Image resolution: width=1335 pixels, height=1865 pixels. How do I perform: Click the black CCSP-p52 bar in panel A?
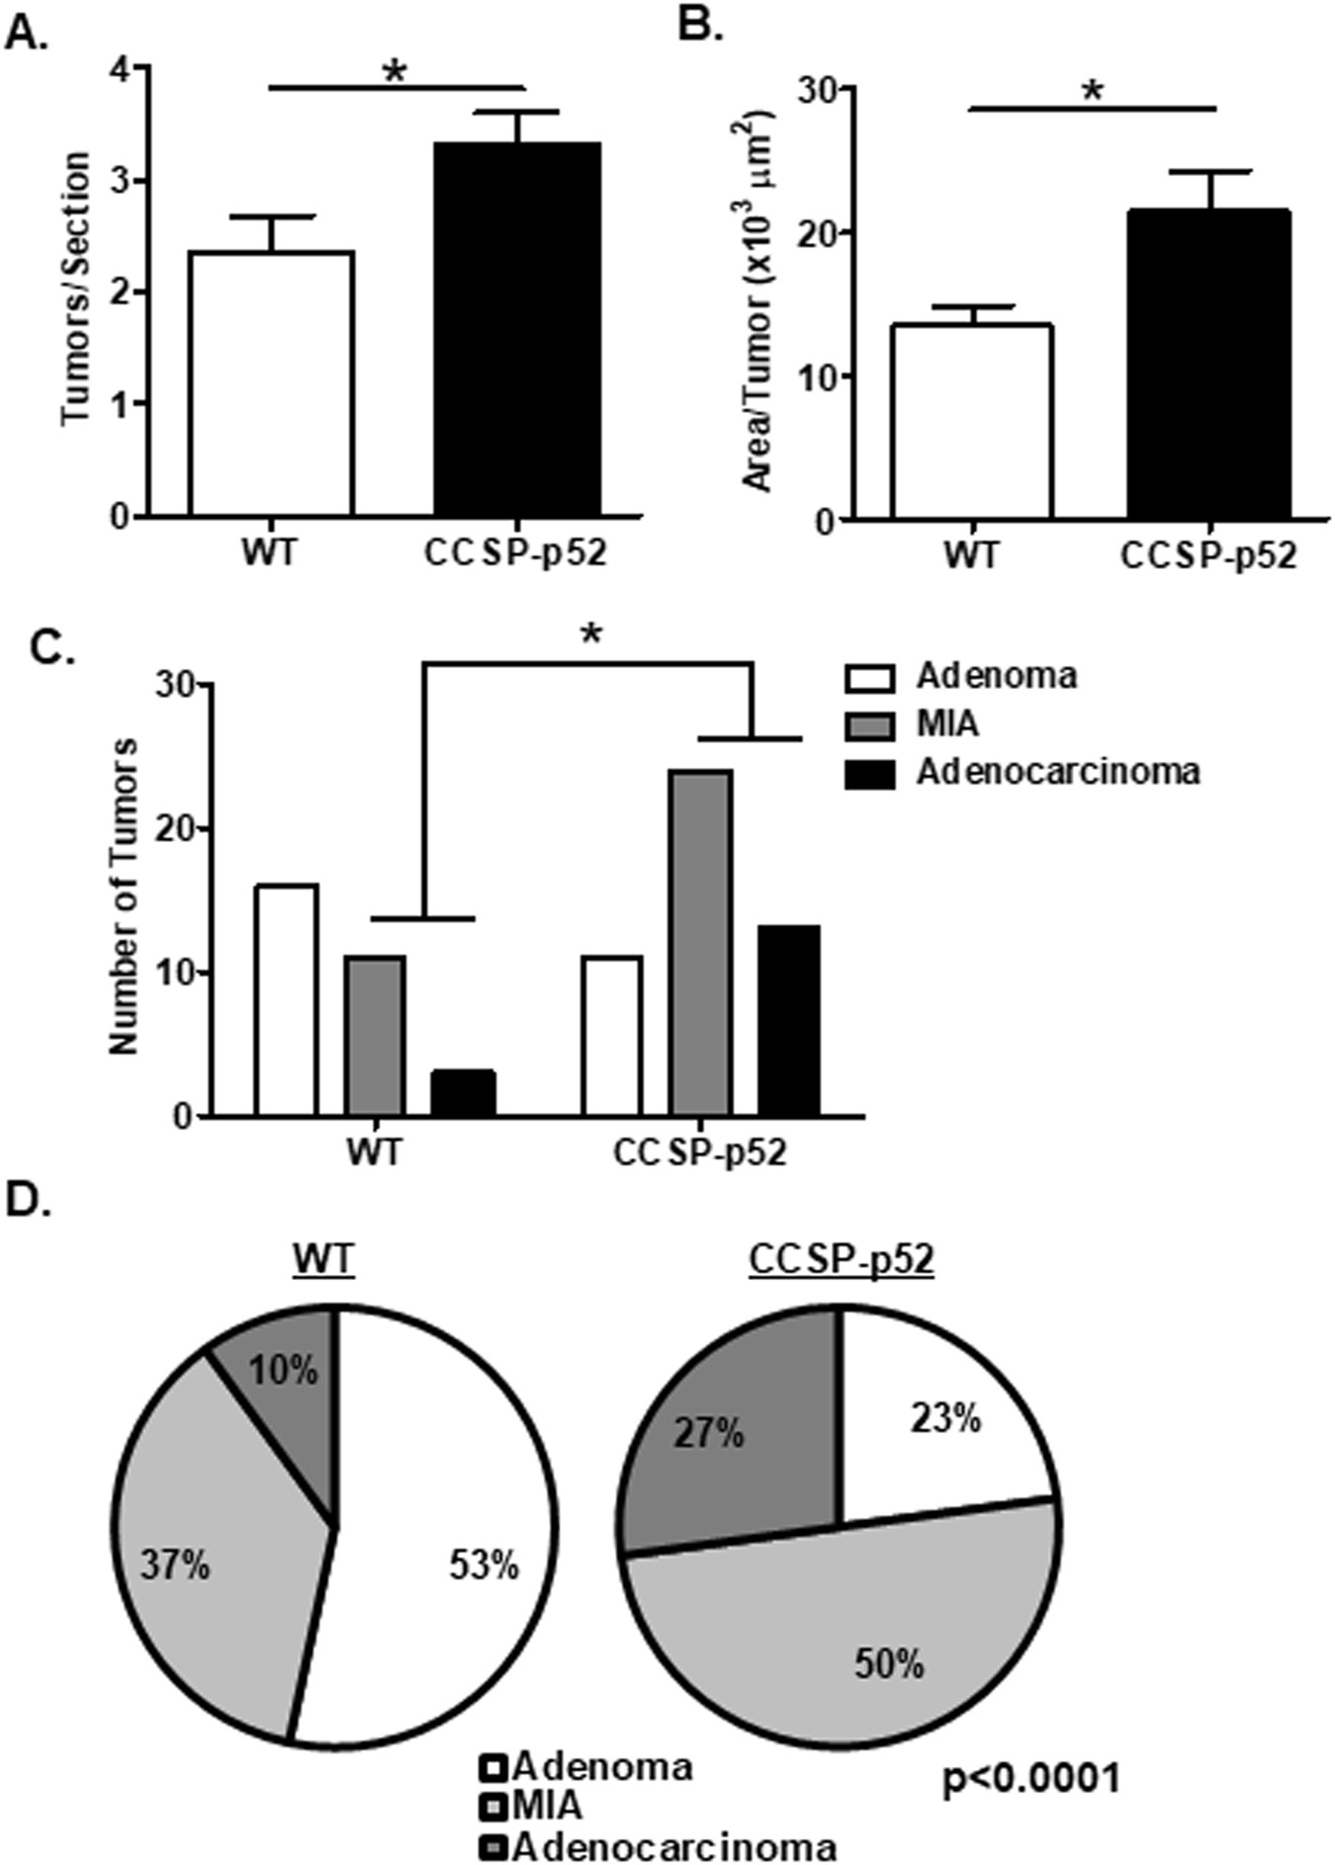coord(516,329)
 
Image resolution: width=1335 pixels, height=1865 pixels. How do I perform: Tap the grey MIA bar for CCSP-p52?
coord(700,943)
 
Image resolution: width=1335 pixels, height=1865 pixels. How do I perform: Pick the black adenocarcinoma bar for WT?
coord(464,1093)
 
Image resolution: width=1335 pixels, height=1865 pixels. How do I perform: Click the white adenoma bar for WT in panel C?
coord(286,1000)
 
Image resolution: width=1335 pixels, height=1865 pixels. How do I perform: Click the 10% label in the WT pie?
coord(283,1371)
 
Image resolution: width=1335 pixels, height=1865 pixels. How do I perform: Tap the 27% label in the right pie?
coord(710,1433)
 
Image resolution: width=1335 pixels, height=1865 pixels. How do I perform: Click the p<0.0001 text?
coord(1030,1779)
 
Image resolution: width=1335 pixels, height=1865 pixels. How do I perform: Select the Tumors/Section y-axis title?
coord(76,289)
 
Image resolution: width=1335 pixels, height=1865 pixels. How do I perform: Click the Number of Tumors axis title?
coord(124,895)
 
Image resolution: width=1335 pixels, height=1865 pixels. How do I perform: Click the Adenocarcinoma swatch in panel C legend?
coord(869,774)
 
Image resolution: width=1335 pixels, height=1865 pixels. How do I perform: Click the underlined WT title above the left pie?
coord(323,1260)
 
